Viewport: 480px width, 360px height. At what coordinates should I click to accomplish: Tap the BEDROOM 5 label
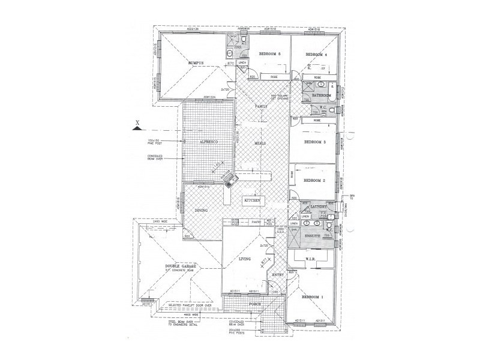[x=270, y=54]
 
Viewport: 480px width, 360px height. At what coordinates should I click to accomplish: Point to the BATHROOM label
[x=322, y=95]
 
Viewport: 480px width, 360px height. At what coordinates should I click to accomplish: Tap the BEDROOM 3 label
[x=314, y=142]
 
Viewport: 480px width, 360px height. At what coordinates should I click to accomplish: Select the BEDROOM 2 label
[x=314, y=180]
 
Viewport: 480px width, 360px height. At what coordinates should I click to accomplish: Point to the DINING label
[x=201, y=211]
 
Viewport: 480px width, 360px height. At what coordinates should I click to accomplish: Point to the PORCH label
[x=248, y=304]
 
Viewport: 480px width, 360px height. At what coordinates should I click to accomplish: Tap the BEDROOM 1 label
[x=312, y=297]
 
